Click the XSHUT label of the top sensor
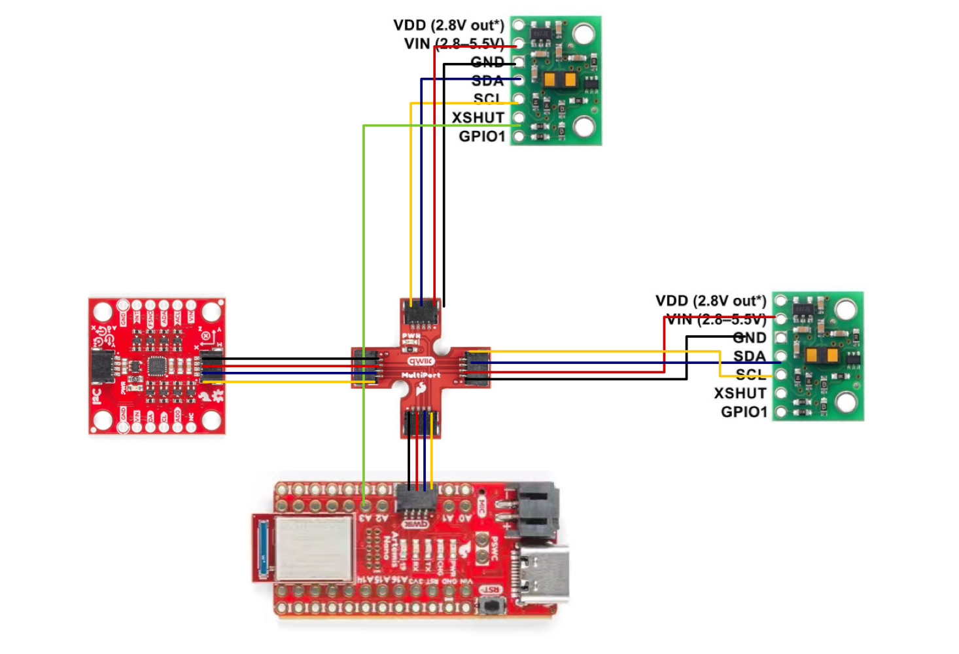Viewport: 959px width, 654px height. [x=478, y=118]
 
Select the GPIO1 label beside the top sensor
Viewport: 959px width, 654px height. [x=481, y=136]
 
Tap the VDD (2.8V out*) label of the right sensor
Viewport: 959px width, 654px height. [x=710, y=300]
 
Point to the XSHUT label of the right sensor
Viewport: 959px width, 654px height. [x=739, y=393]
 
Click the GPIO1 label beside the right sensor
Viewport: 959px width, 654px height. [x=743, y=412]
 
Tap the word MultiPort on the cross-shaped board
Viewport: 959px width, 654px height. [x=421, y=375]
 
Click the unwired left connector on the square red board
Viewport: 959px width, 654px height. [x=102, y=367]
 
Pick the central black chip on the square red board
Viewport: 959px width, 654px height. [x=158, y=366]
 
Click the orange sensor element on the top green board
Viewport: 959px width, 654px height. [x=559, y=81]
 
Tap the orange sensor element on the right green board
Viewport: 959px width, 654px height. [x=822, y=355]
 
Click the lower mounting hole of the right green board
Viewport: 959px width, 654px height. [x=845, y=401]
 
